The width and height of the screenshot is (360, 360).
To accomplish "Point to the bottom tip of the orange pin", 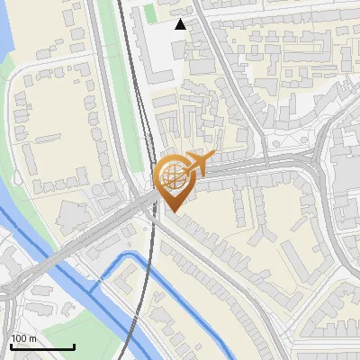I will (x=171, y=211).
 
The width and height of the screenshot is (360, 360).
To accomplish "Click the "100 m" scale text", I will (x=23, y=338).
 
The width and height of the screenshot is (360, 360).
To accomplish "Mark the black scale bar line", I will (x=42, y=346).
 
